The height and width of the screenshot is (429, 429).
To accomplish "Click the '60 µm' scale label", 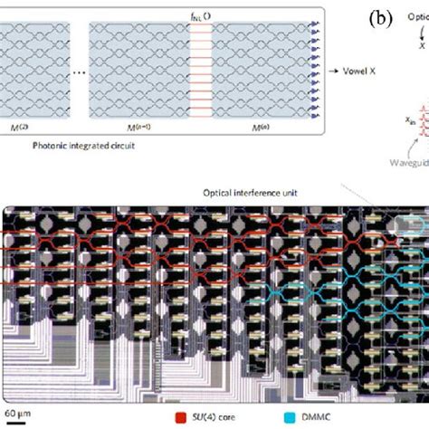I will (15, 418).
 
